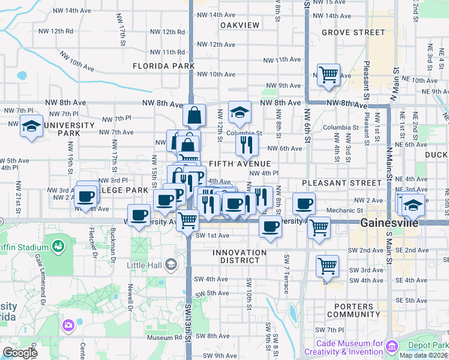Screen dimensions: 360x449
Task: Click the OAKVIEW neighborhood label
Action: click(x=240, y=25)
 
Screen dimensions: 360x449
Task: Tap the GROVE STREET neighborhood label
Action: click(x=353, y=32)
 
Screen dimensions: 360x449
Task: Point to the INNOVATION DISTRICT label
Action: click(x=239, y=257)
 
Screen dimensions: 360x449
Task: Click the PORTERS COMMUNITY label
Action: click(x=354, y=310)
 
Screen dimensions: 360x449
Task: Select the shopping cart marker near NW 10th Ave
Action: click(x=328, y=75)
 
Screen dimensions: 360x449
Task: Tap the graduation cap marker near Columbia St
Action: click(x=239, y=112)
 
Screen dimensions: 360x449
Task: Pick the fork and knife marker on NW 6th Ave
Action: click(x=247, y=145)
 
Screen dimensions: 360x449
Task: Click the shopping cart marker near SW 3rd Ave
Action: click(x=327, y=265)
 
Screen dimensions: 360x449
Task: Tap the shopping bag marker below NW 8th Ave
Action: click(x=194, y=115)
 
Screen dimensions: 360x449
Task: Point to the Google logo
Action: click(x=20, y=353)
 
